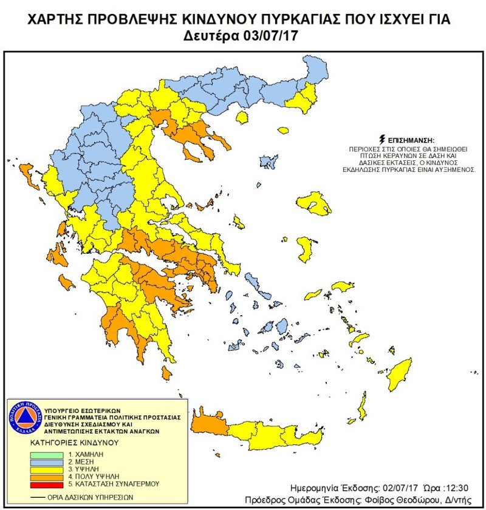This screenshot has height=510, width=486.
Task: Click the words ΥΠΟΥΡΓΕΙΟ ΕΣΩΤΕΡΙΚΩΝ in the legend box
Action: point(85,410)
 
